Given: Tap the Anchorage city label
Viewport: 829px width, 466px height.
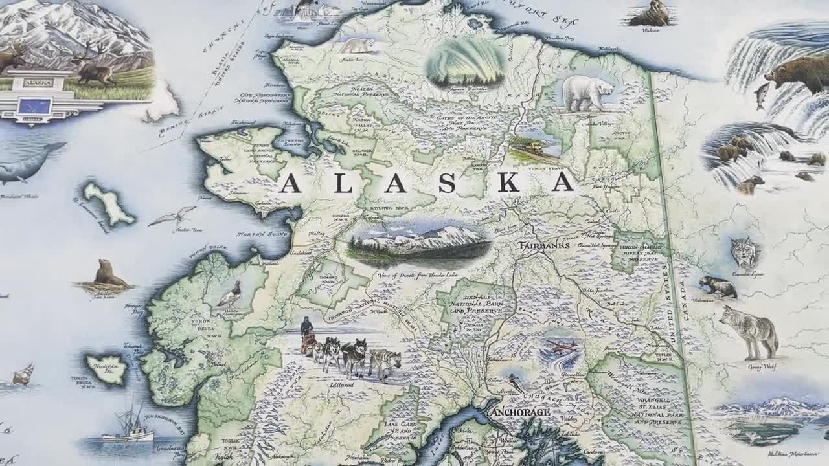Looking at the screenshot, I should click(520, 412).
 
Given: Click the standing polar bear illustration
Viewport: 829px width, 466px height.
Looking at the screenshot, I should click(587, 93).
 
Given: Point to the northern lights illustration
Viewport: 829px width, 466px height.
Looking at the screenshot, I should click(466, 62).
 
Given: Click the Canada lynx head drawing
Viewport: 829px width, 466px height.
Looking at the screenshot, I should click(744, 250).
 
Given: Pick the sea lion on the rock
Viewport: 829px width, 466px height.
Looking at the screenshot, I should click(108, 274).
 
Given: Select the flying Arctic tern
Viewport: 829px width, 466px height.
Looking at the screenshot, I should click(173, 216).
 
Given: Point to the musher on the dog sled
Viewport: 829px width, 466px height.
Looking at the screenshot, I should click(306, 335).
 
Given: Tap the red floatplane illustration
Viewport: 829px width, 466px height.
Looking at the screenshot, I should click(561, 348).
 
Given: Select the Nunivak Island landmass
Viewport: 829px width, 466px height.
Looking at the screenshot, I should click(107, 370).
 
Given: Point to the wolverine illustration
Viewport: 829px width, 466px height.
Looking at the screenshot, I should click(718, 286).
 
